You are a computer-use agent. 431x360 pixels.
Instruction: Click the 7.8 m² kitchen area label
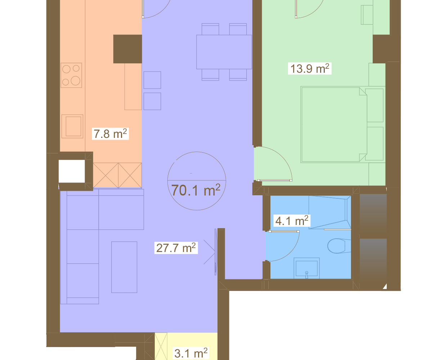point(110,134)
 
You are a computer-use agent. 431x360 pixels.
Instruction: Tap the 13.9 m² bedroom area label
point(310,68)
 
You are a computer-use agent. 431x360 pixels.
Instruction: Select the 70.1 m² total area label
point(196,190)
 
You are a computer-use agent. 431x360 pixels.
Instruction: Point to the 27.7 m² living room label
point(176,248)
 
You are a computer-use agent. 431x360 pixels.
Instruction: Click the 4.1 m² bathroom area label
point(292,221)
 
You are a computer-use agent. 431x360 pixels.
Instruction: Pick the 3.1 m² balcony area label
point(191,353)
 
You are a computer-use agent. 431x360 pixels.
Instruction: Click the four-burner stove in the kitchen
point(71,75)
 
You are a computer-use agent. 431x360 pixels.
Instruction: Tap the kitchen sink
point(72,126)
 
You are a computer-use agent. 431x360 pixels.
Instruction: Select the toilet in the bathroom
point(339,246)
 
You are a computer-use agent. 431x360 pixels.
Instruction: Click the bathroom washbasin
point(306,268)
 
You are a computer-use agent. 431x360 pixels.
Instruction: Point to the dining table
point(224,52)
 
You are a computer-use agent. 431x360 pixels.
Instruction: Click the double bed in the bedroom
point(334,125)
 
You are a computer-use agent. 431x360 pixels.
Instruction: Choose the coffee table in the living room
point(124,267)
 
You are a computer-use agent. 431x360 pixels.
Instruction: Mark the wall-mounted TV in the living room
point(215,252)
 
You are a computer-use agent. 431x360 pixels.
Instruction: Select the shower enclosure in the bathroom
point(330,212)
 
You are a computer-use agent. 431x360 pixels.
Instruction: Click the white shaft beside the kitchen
point(72,171)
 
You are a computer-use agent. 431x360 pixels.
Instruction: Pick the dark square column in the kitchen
point(127,49)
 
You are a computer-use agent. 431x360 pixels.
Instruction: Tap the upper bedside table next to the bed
point(375,105)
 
